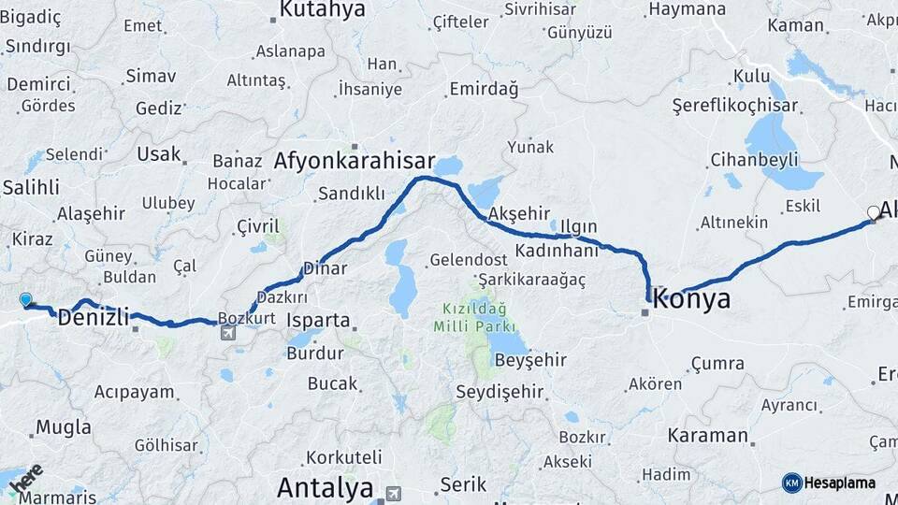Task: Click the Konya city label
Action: pos(692,299)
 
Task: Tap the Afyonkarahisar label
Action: pos(355,160)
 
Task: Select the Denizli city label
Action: pos(93,317)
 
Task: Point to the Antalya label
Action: pos(325,487)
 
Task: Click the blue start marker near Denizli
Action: pos(26,300)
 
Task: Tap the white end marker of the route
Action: pos(874,213)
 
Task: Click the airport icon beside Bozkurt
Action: pos(226,332)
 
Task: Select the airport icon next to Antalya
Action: pos(393,493)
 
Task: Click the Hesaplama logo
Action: pos(829,483)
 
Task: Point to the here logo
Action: pos(26,480)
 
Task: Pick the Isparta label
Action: pos(319,321)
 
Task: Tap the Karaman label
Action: pos(708,436)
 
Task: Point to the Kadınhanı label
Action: pos(556,252)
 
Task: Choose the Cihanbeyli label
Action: pos(753,159)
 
